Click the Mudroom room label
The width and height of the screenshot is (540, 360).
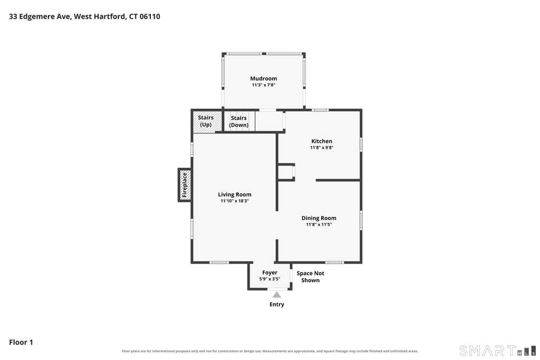click(264, 79)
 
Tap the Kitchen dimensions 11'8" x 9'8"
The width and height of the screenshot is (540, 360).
click(322, 148)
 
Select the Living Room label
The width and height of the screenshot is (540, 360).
click(235, 194)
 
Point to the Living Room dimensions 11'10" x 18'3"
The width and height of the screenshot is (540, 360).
click(235, 201)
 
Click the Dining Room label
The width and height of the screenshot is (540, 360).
click(319, 218)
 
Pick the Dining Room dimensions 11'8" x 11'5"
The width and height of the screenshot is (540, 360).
click(319, 225)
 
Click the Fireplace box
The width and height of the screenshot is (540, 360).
click(185, 185)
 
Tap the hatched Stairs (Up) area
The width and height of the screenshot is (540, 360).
click(207, 121)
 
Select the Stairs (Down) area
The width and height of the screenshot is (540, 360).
click(239, 121)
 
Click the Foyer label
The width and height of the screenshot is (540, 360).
click(269, 273)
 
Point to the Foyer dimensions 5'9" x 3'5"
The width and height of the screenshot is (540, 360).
click(269, 279)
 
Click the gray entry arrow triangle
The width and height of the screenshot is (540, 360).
click(277, 295)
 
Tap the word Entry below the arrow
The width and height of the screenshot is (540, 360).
click(277, 304)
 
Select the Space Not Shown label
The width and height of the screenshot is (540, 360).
click(310, 277)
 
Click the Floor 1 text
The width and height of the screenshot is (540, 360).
click(21, 342)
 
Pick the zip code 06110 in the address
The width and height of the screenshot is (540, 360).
click(150, 16)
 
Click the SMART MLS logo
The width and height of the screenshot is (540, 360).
click(498, 351)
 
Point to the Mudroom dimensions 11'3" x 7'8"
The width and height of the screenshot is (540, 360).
click(264, 85)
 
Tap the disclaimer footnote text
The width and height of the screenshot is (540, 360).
click(270, 351)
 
